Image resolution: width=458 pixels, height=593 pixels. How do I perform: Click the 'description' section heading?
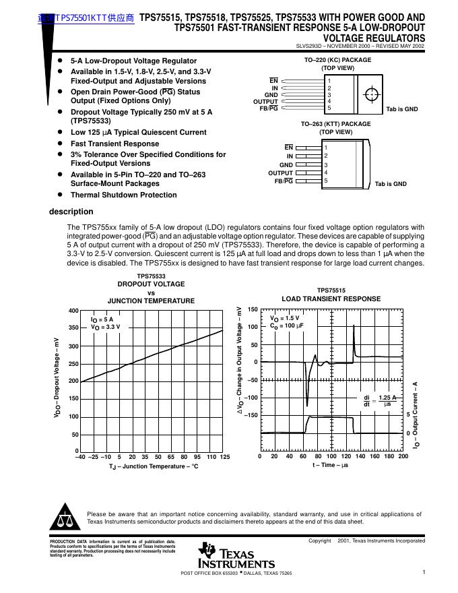71,212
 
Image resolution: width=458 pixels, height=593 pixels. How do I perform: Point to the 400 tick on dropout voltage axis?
73,310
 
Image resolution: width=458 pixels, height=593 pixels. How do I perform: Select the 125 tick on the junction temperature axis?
224,457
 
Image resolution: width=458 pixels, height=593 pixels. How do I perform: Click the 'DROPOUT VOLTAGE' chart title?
151,284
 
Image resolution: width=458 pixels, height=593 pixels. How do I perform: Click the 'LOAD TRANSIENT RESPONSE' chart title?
331,299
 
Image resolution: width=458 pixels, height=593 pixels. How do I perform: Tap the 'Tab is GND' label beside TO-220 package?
402,109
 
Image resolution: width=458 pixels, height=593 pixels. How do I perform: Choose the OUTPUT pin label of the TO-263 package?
280,173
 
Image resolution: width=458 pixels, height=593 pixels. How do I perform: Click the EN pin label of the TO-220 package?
273,81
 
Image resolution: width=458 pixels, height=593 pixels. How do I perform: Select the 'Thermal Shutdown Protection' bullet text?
123,195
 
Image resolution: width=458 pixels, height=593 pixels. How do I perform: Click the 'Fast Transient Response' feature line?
115,144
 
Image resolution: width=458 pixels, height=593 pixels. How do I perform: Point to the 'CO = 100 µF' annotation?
287,325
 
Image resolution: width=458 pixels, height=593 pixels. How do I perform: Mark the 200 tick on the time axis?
403,456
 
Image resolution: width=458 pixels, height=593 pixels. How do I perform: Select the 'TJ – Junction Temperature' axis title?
154,466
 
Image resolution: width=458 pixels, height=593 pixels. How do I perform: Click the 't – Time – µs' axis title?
329,465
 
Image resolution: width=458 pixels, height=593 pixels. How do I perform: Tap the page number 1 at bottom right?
424,572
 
